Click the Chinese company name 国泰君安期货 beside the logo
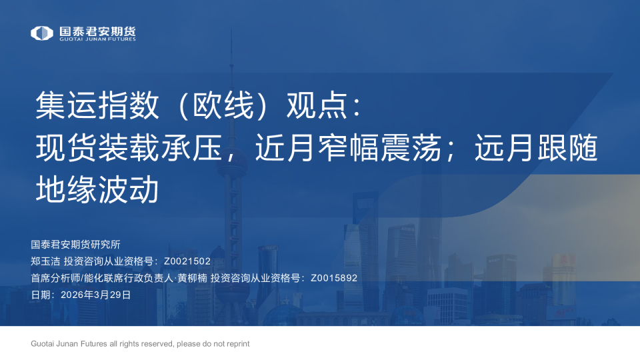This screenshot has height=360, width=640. [x=97, y=30]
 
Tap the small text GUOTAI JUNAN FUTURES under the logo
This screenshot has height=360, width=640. [x=97, y=39]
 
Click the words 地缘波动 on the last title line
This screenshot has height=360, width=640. [x=97, y=191]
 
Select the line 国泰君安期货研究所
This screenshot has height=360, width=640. [x=75, y=245]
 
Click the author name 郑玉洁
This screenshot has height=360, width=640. [x=45, y=261]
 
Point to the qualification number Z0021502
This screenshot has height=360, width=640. [x=187, y=261]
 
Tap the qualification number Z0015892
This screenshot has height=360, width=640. [x=334, y=278]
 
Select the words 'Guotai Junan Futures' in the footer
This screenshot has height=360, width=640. [x=69, y=344]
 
